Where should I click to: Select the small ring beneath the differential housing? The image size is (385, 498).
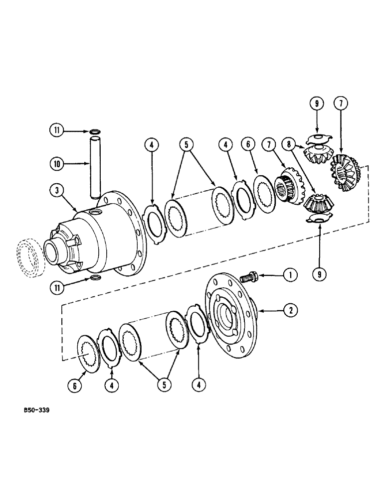pyautogui.click(x=95, y=277)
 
